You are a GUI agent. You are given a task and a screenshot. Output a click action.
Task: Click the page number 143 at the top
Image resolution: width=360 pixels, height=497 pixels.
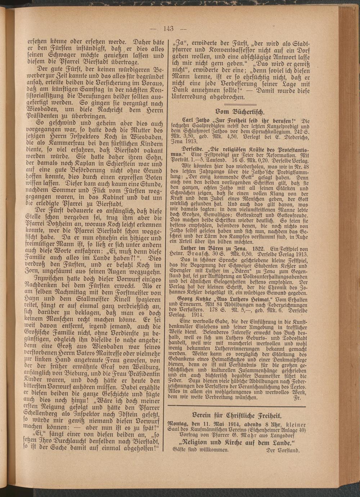coord(169,30)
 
